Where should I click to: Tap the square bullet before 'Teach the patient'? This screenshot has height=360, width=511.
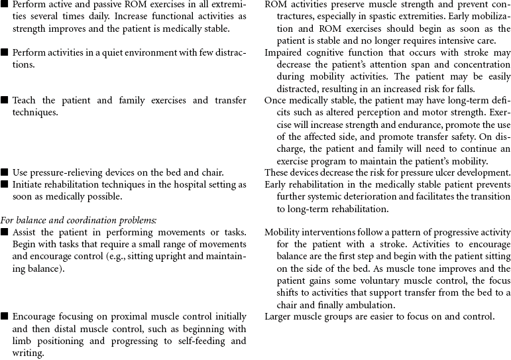[x=5, y=101]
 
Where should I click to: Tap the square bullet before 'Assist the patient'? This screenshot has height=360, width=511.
[x=5, y=232]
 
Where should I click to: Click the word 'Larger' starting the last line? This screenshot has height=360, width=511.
[x=278, y=316]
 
